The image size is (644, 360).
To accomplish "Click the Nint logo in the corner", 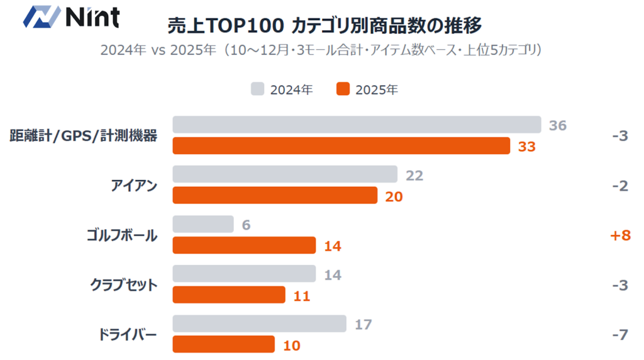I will pos(70,17).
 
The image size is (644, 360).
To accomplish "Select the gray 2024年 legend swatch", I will pos(257,89).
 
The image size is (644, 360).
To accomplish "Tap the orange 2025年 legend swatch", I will pos(343,89).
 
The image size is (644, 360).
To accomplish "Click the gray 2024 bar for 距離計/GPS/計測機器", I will pos(357,125).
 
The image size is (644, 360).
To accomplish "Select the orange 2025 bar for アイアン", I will pos(275,196).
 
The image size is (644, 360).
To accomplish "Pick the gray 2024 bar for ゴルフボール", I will pos(203,224).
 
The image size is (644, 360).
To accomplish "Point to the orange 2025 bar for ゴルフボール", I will pos(244,245).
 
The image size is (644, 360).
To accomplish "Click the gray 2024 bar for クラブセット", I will pos(244,274).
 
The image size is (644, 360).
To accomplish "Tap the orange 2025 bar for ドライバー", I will pos(223,345).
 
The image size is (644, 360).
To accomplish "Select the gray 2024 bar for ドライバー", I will pos(259,323).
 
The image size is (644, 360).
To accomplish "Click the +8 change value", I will pos(619,235).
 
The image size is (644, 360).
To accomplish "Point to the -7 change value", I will pos(619,334).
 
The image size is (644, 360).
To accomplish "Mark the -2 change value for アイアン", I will pos(619,186).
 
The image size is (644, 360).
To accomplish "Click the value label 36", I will pos(557,125).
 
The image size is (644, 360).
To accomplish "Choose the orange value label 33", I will pos(526,147).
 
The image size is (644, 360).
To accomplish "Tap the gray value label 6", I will pos(245,225).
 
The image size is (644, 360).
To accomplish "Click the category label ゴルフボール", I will pos(122,235).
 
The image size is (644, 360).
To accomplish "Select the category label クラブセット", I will pos(123,284).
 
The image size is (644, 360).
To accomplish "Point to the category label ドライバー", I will pos(127,334).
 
